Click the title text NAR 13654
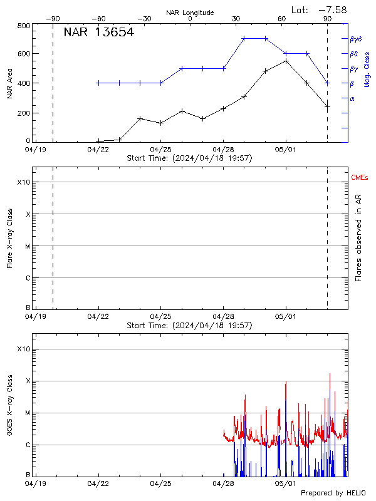pos(98,33)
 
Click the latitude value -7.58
pos(333,9)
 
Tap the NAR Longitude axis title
pos(190,13)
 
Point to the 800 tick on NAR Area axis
pos(24,26)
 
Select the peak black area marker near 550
pos(286,61)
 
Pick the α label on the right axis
pos(352,98)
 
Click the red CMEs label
pos(360,178)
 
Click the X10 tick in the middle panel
pos(24,182)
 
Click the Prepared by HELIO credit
pos(332,493)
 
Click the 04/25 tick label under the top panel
pos(161,150)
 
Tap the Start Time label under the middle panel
pos(189,325)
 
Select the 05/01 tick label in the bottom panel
pos(286,483)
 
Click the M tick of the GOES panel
pos(27,413)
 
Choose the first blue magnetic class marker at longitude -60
pos(98,83)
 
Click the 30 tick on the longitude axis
pos(236,19)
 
